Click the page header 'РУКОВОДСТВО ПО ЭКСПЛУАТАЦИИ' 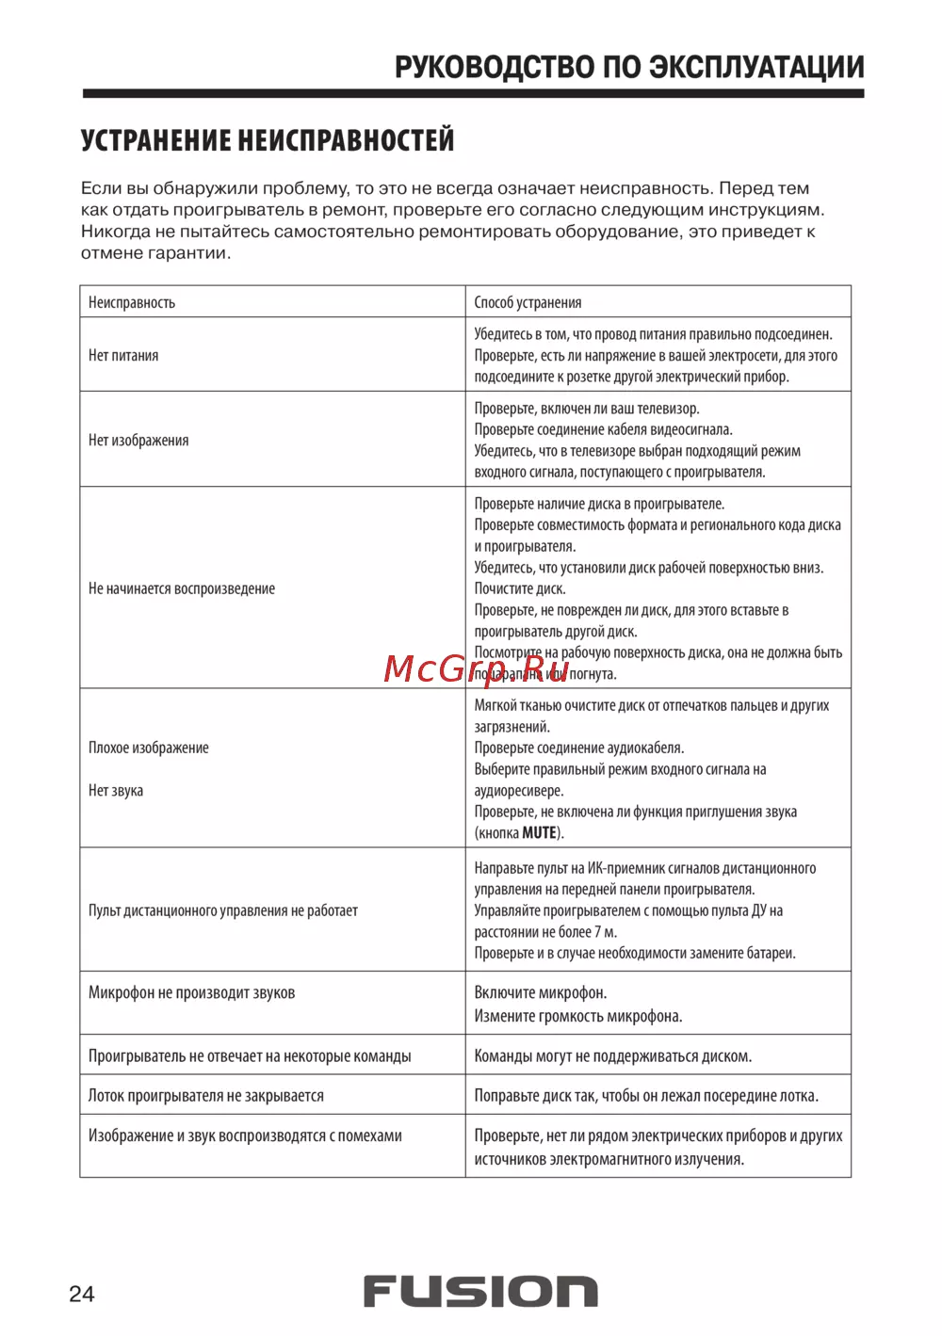point(628,68)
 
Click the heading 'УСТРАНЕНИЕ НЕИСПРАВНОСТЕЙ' point(268,141)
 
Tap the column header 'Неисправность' point(132,302)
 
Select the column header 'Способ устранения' point(528,302)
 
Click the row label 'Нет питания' point(123,355)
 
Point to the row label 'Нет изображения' point(138,440)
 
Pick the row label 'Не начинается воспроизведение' point(182,588)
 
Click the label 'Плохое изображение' point(149,748)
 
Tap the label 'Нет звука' point(116,790)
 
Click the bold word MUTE point(539,832)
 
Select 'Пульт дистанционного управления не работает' point(223,910)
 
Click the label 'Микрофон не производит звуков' point(191,992)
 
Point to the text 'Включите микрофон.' point(541,992)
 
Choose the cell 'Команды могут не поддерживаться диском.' point(612,1055)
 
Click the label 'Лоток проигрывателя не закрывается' point(206,1095)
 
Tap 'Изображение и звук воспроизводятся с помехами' point(245,1135)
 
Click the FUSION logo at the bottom point(480,1292)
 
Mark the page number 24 point(82,1294)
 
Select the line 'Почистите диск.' point(520,588)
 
